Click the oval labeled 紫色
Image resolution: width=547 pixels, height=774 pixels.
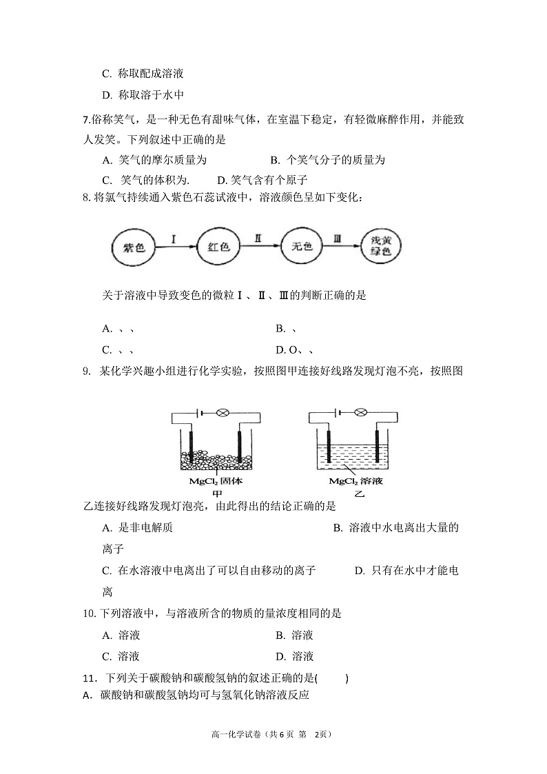coord(134,247)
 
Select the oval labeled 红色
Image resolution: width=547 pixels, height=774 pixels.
coord(218,247)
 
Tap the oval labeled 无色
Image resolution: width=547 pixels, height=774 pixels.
coord(302,247)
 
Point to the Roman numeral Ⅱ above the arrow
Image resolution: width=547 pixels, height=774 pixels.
coord(258,238)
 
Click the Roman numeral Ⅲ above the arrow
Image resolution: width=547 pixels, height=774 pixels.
coord(338,238)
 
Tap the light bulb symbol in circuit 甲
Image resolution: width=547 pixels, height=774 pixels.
coord(222,413)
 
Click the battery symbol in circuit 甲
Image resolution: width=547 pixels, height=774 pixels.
coord(200,413)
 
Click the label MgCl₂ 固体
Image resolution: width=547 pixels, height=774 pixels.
coord(216,481)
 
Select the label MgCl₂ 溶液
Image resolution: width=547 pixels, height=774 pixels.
coord(355,481)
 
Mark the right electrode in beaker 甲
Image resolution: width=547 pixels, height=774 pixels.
coord(239,448)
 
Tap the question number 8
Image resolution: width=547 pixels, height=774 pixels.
coord(86,198)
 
